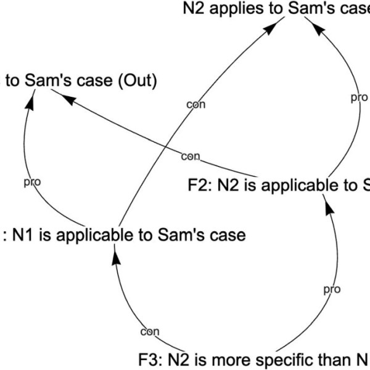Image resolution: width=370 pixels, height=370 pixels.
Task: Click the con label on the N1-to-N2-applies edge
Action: (195, 105)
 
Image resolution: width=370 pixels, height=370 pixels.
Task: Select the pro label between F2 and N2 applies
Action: (359, 97)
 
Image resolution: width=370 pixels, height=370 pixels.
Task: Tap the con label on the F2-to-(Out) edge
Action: (191, 157)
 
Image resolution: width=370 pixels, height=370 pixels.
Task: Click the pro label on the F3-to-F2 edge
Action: (332, 289)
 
